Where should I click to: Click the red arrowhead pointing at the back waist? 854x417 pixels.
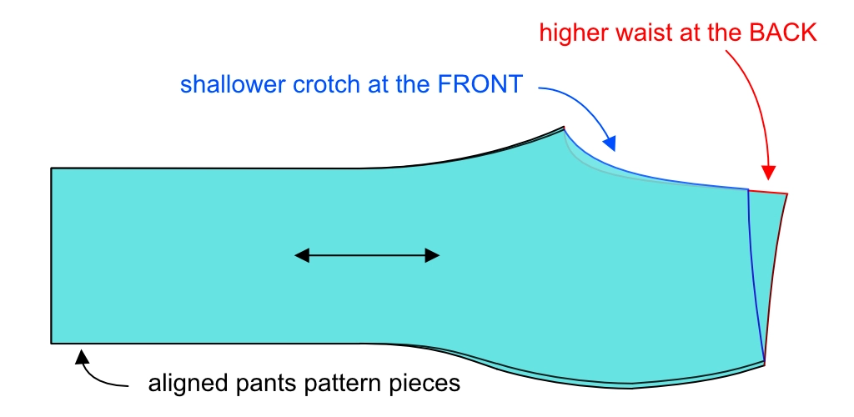coord(769,173)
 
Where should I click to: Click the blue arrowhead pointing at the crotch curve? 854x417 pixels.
coord(610,144)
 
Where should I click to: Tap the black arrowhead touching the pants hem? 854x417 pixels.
coord(83,357)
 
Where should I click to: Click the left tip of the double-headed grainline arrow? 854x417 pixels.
coord(296,256)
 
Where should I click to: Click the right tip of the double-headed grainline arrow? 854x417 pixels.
coord(438,256)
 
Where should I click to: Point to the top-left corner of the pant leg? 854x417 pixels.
coord(52,169)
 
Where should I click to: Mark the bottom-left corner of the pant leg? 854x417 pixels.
coord(52,343)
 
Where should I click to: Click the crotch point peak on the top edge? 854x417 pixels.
coord(563,128)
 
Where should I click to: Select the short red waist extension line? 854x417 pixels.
coord(767,192)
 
